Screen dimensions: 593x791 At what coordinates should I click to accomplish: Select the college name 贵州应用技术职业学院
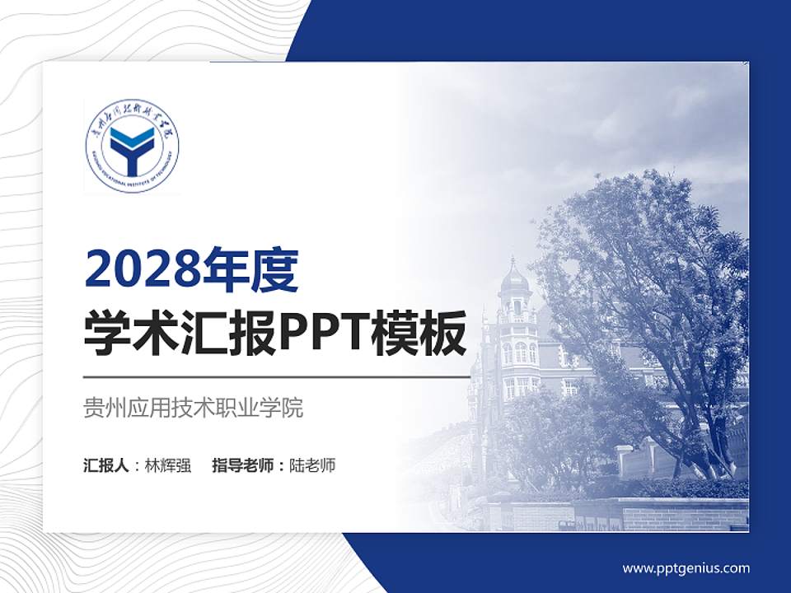pyautogui.click(x=194, y=408)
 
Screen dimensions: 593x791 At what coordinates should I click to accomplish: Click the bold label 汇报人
pyautogui.click(x=105, y=465)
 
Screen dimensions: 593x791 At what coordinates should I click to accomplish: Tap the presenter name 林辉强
pyautogui.click(x=168, y=465)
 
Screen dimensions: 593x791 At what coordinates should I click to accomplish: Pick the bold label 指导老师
pyautogui.click(x=243, y=465)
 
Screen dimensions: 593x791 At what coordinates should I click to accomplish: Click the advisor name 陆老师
pyautogui.click(x=313, y=465)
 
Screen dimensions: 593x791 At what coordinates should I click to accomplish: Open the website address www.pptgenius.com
pyautogui.click(x=686, y=568)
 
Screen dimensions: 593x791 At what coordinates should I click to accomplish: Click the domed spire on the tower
pyautogui.click(x=514, y=276)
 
